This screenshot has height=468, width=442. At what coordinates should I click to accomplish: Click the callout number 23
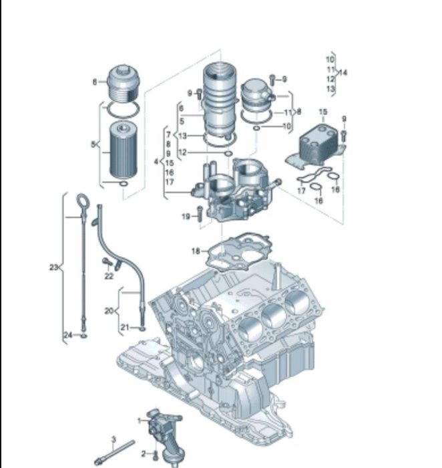tap(53, 267)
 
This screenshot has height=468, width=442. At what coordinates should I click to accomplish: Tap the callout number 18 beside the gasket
tap(196, 251)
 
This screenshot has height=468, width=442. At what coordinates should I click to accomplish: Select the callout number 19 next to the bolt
tap(186, 217)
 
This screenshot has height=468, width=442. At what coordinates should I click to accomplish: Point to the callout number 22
tap(109, 276)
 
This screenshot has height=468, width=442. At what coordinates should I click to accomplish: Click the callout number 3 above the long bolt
tap(114, 439)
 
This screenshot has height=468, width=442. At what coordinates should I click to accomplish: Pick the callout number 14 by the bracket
tap(343, 72)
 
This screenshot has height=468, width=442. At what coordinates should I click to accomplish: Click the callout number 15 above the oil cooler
tap(323, 112)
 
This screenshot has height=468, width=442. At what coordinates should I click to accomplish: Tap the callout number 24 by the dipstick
tap(68, 335)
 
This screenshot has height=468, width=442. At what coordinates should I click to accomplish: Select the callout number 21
tap(125, 328)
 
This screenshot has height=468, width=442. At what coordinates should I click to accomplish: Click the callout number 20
tap(109, 311)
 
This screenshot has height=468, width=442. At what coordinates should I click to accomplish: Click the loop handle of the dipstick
tap(83, 201)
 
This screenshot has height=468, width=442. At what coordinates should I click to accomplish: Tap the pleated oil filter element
tap(124, 150)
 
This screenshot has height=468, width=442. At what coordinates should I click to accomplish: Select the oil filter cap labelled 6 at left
tap(123, 84)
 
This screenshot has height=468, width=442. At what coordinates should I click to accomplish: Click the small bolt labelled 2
tap(156, 455)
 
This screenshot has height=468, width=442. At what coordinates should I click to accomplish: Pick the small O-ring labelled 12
tap(228, 153)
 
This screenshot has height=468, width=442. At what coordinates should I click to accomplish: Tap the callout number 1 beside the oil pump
tap(140, 421)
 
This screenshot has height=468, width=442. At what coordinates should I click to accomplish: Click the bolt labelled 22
tap(107, 261)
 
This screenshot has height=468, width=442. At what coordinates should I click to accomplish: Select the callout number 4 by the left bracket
tap(156, 162)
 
